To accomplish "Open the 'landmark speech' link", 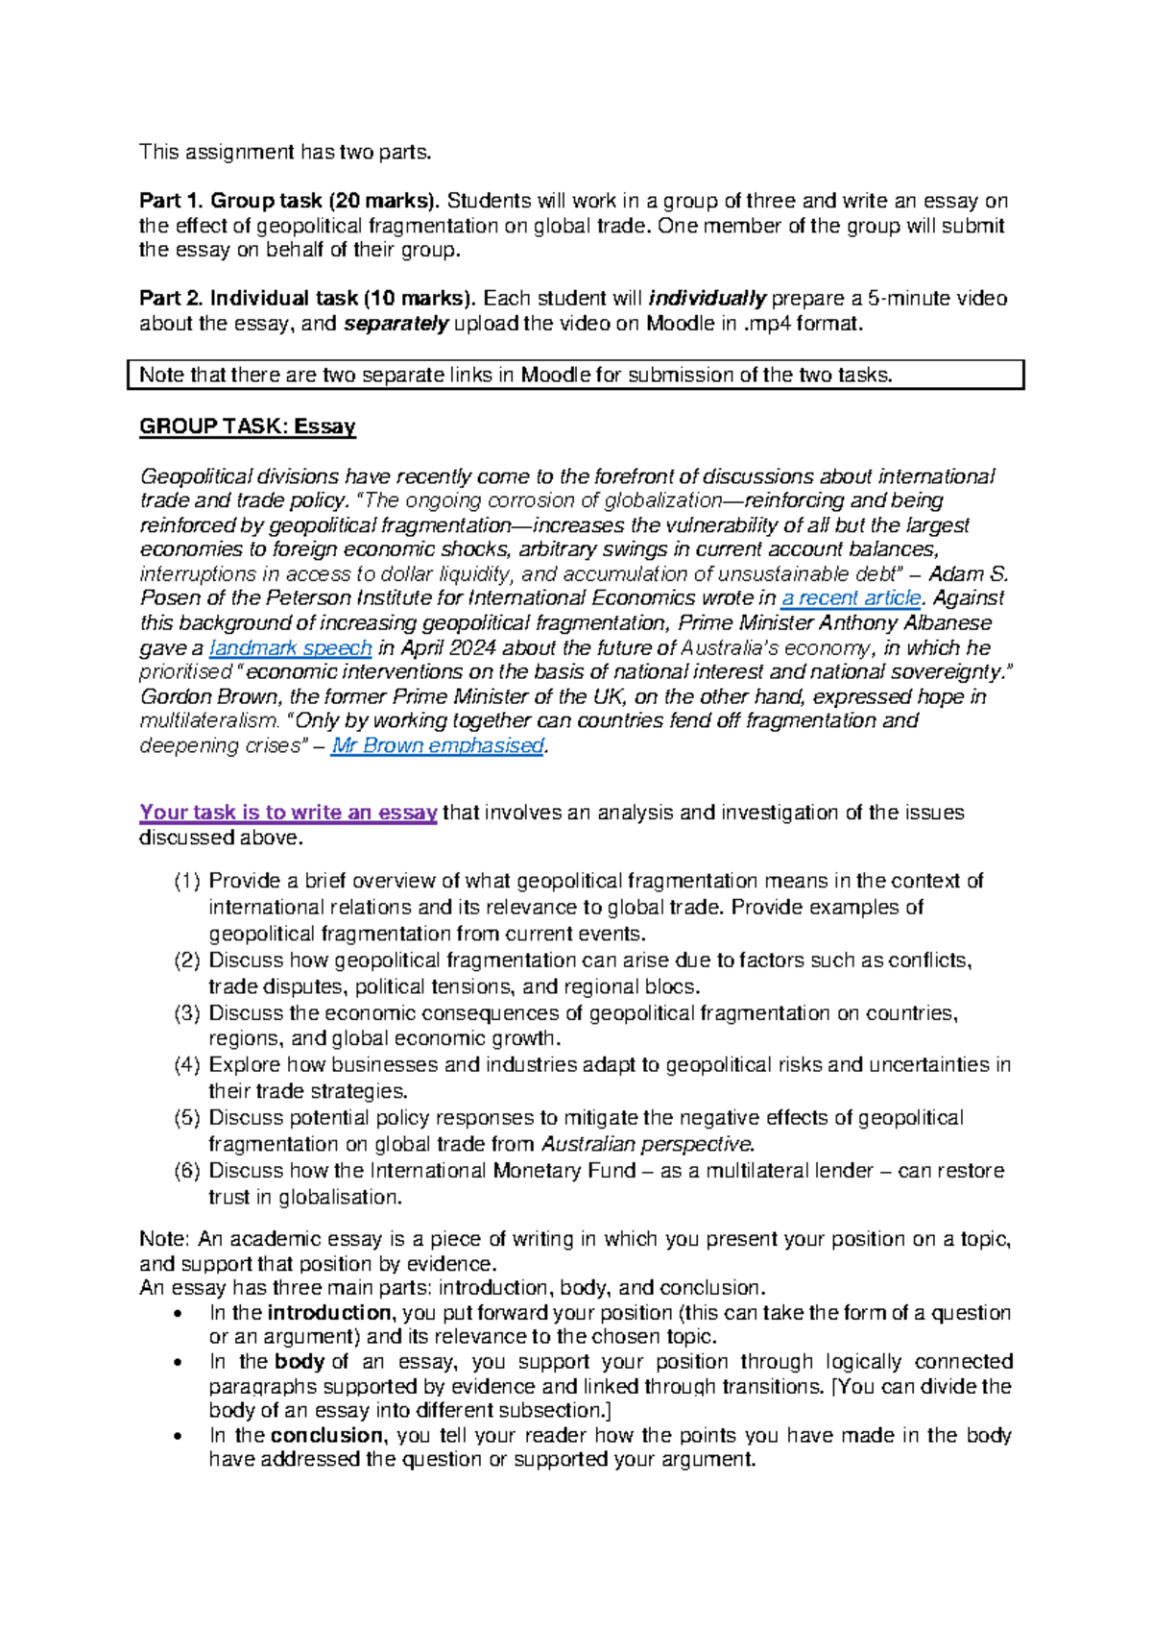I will pos(290,647).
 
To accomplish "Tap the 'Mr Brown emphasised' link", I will pos(438,745).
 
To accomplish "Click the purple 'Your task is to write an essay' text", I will pos(288,813).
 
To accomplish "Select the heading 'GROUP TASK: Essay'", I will pos(248,426).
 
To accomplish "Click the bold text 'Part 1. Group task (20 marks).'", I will pos(289,201).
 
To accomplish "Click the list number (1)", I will pos(187,882).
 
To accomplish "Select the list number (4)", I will pos(187,1065).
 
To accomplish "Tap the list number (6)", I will pos(187,1171).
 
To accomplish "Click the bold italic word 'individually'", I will pos(708,299).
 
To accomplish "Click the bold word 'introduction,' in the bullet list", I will pos(330,1313).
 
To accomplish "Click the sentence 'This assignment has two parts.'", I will pos(286,152).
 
